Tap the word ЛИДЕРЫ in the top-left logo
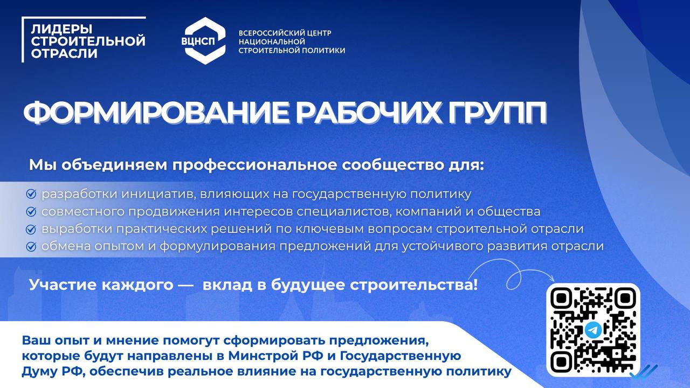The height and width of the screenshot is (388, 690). tap(61, 29)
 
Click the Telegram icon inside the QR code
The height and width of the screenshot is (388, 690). tap(592, 330)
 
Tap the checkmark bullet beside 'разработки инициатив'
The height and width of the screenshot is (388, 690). tap(31, 194)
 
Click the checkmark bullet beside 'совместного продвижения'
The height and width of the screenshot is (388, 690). tap(31, 212)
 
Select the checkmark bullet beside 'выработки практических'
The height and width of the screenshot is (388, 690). tap(31, 229)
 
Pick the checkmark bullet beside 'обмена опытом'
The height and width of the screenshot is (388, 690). tap(31, 246)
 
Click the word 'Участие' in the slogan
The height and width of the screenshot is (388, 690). tap(63, 285)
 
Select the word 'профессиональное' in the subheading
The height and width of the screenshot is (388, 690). tap(254, 165)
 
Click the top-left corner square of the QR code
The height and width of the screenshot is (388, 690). tap(562, 298)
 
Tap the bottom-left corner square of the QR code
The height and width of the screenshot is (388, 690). tap(562, 362)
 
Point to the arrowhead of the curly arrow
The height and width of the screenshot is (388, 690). tap(553, 279)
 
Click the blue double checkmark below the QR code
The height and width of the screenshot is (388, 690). tap(644, 372)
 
